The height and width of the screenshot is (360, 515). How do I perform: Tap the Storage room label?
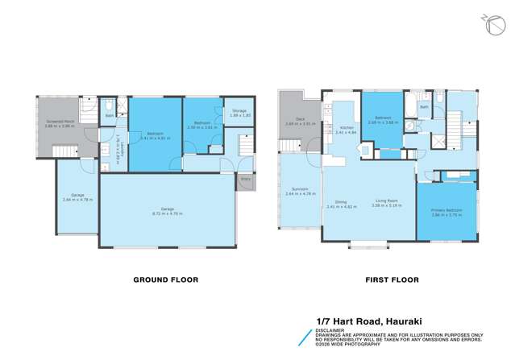tap(239, 110)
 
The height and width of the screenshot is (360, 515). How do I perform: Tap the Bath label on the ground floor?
tap(110, 118)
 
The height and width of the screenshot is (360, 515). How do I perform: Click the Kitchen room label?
tap(347, 127)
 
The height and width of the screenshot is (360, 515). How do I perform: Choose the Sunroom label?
tap(296, 190)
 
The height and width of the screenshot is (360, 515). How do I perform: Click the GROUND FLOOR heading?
tap(165, 279)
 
